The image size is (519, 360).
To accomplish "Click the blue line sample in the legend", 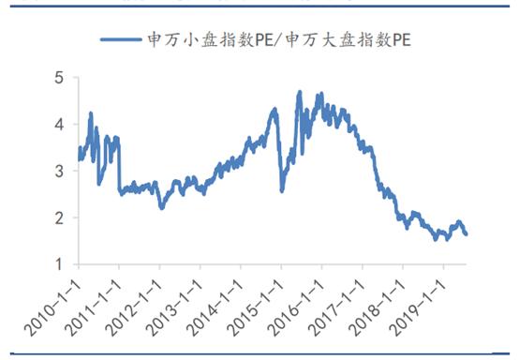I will click(x=121, y=39).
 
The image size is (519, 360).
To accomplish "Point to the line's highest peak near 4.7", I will click(x=300, y=92).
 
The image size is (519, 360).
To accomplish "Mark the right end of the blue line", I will click(x=467, y=234).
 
